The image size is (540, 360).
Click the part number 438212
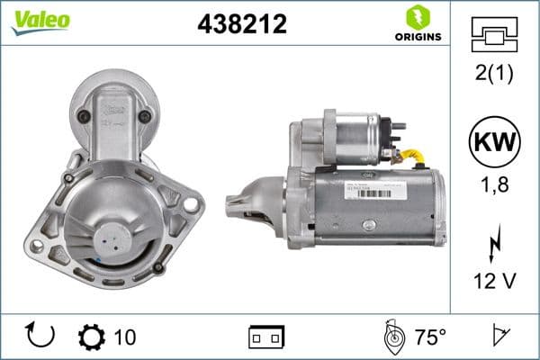241,25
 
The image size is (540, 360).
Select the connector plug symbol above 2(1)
495,36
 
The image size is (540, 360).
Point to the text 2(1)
495,75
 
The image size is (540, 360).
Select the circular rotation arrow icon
40,337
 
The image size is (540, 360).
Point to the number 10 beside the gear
126,337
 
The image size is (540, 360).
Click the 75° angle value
430,337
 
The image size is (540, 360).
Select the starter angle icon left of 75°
392,337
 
